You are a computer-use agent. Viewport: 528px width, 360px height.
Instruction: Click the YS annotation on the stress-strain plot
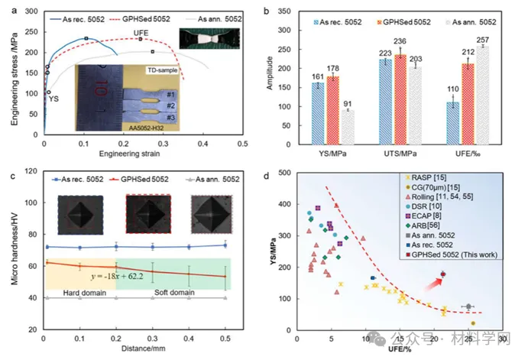pos(53,99)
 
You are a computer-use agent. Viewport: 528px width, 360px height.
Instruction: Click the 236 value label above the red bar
pos(400,41)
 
